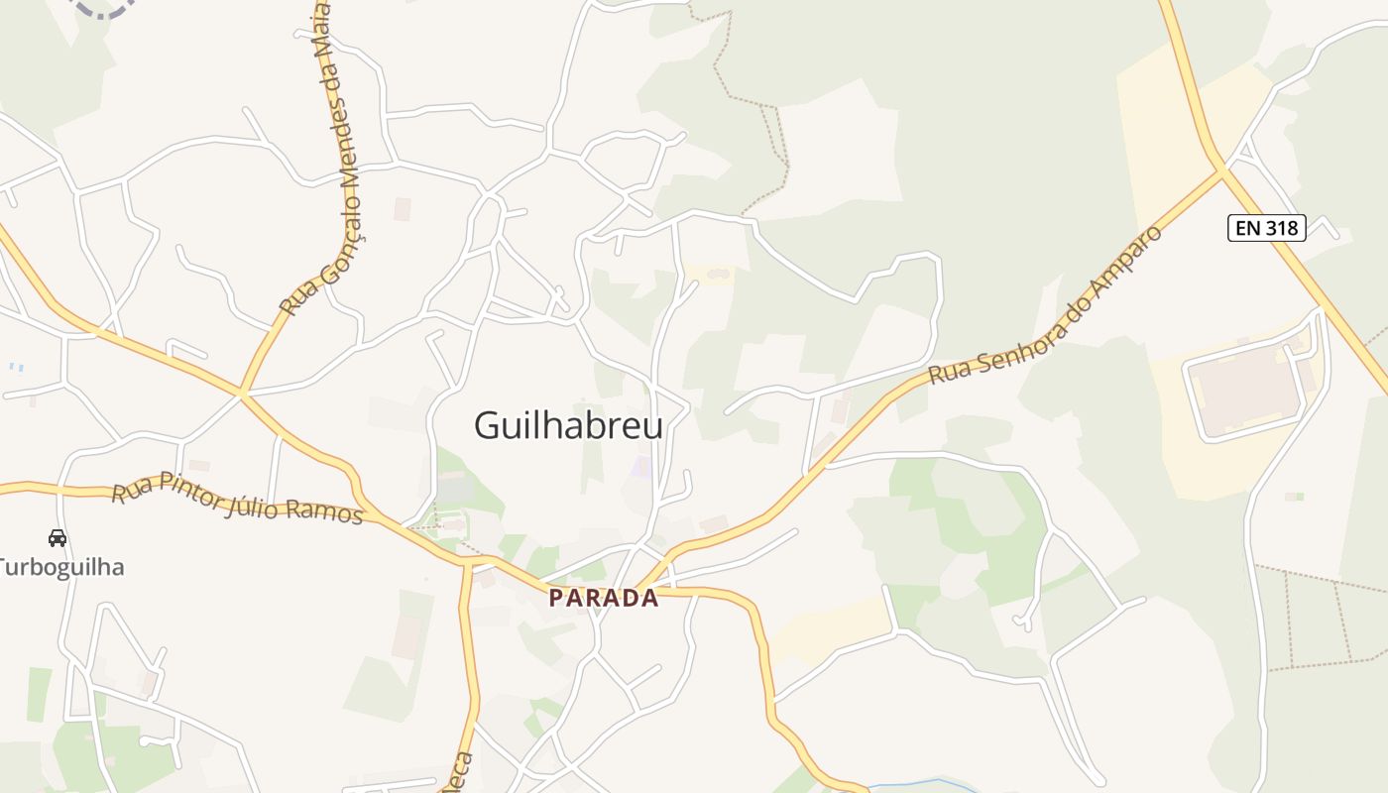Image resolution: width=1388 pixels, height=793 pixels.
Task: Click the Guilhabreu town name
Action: (568, 425)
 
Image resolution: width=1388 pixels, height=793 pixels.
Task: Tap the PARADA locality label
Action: (604, 598)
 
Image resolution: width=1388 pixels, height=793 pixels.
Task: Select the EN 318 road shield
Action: (1267, 228)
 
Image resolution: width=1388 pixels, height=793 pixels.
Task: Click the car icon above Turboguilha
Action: (58, 538)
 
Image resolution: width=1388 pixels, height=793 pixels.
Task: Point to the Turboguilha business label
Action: (61, 568)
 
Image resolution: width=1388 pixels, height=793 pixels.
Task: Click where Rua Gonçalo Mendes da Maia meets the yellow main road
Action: (241, 393)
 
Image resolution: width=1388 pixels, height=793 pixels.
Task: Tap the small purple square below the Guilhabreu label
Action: (643, 465)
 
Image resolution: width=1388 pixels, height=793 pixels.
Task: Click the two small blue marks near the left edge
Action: (16, 367)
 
